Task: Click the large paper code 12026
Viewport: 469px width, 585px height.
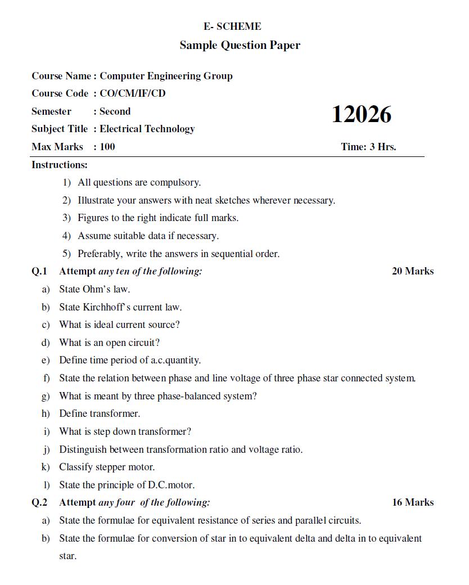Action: [x=361, y=115]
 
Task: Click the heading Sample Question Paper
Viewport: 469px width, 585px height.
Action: [x=240, y=45]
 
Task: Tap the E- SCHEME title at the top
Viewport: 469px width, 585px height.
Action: [x=232, y=26]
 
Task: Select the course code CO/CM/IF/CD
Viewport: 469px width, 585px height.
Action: [x=133, y=93]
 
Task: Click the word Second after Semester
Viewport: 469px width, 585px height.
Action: [x=115, y=111]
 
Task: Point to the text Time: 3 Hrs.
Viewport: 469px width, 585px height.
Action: [x=368, y=147]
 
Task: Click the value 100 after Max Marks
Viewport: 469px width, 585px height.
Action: [x=107, y=147]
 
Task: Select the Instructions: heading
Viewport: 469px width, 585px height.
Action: [x=60, y=165]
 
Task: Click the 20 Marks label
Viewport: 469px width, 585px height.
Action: [x=413, y=271]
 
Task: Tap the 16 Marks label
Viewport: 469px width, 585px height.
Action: [x=413, y=502]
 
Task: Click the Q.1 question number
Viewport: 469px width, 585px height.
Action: [x=39, y=271]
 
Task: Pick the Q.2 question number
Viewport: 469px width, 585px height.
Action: [x=39, y=502]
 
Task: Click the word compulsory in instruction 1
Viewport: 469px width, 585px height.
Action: [x=175, y=182]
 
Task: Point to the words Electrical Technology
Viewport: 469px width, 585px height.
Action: [x=147, y=129]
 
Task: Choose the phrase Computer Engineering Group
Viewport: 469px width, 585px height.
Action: [x=166, y=76]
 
